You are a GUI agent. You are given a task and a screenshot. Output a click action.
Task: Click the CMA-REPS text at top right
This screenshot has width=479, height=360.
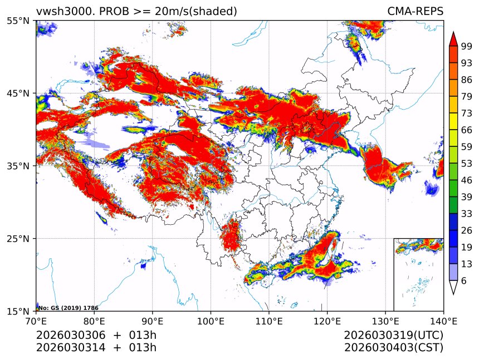(x=415, y=11)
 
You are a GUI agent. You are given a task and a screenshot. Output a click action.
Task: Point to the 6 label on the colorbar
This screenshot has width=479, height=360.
(x=464, y=281)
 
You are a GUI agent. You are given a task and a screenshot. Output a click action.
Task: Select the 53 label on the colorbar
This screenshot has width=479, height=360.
(x=466, y=165)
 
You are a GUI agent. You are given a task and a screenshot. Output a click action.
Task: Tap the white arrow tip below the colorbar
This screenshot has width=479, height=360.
(x=453, y=288)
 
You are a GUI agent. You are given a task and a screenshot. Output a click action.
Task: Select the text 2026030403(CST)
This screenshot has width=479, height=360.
(x=393, y=348)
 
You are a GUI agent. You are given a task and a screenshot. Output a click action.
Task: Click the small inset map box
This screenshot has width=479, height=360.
(x=418, y=274)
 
